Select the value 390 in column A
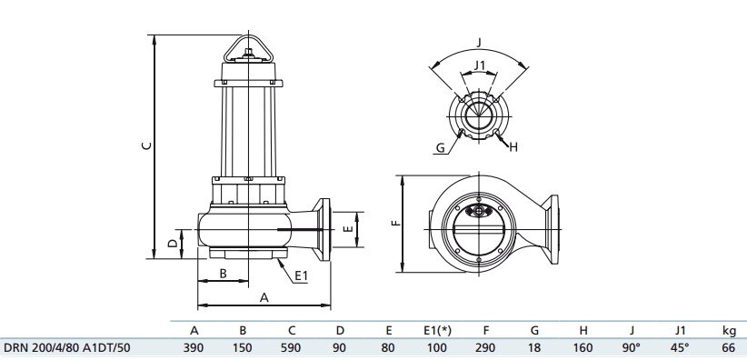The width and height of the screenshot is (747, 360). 194,347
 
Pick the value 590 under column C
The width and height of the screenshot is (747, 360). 291,347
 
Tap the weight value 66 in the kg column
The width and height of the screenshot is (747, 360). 728,347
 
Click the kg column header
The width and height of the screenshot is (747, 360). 728,330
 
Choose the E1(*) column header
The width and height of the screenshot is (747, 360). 436,330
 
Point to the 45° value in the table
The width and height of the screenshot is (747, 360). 680,347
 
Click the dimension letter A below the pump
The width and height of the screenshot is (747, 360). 264,296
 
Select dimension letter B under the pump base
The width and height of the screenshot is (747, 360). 223,274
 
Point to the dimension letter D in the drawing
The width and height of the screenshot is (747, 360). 173,244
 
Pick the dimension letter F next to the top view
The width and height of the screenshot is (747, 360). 393,223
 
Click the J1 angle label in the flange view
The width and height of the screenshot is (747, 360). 480,64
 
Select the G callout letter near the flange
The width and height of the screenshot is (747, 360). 440,146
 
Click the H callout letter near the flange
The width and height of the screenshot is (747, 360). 513,146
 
